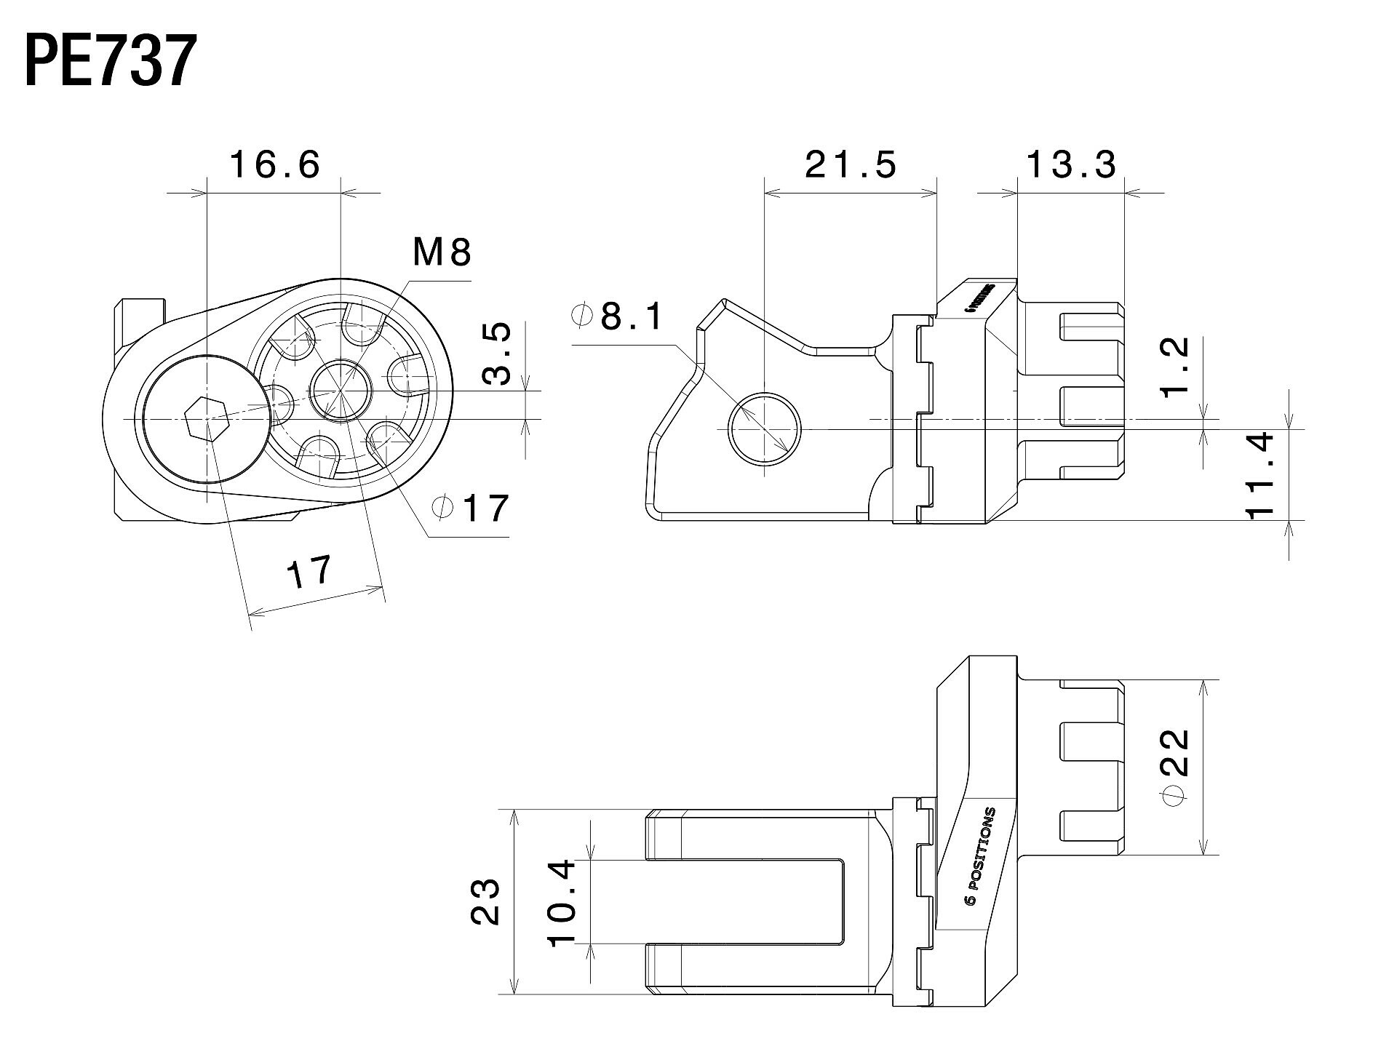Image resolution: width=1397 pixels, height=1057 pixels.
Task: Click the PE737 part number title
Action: click(111, 61)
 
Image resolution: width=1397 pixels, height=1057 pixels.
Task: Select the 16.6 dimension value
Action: click(275, 164)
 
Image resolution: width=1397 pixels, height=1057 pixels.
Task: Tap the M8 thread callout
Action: click(442, 252)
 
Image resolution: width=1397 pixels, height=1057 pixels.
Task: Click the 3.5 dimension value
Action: click(497, 354)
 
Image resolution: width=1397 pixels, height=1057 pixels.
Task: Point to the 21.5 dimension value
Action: click(851, 164)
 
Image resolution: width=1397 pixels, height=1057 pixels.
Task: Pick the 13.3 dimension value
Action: click(1071, 164)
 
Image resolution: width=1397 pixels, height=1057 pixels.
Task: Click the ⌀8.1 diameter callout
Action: click(618, 316)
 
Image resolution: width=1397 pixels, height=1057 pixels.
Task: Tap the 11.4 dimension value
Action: click(1260, 474)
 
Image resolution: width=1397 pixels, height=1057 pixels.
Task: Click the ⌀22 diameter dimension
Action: click(1174, 767)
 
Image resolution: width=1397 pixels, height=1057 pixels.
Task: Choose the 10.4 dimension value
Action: click(562, 902)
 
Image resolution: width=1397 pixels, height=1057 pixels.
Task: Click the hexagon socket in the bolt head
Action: click(207, 420)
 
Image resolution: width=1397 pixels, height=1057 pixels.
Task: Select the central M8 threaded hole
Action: click(341, 391)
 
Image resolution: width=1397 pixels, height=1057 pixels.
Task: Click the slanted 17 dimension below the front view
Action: click(309, 573)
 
